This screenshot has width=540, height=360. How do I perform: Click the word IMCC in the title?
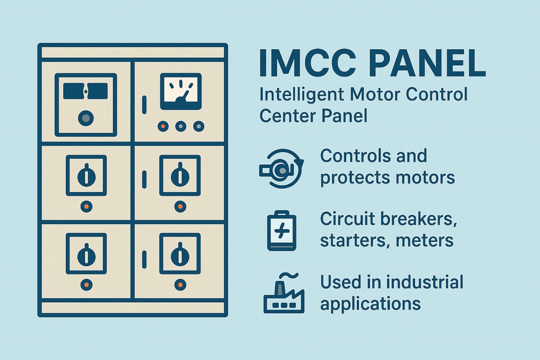click(x=307, y=63)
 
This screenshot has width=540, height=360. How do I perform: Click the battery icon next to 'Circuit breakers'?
click(x=281, y=230)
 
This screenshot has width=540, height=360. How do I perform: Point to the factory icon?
click(x=284, y=293)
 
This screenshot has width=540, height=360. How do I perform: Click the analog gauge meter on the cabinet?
click(x=181, y=92)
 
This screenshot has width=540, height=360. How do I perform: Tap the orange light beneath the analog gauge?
click(x=163, y=126)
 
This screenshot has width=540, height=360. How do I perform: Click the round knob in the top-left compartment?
click(x=86, y=118)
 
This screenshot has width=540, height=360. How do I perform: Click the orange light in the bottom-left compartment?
click(x=86, y=285)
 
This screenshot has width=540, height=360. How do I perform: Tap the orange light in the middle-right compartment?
click(x=180, y=207)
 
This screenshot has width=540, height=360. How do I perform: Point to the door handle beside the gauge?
click(x=144, y=105)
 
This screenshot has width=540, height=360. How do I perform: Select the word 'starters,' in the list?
click(x=354, y=240)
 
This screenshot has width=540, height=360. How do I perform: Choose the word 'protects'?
click(x=354, y=178)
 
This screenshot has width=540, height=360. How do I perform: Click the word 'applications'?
click(x=371, y=304)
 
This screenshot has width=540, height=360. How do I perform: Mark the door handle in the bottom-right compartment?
click(x=144, y=260)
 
